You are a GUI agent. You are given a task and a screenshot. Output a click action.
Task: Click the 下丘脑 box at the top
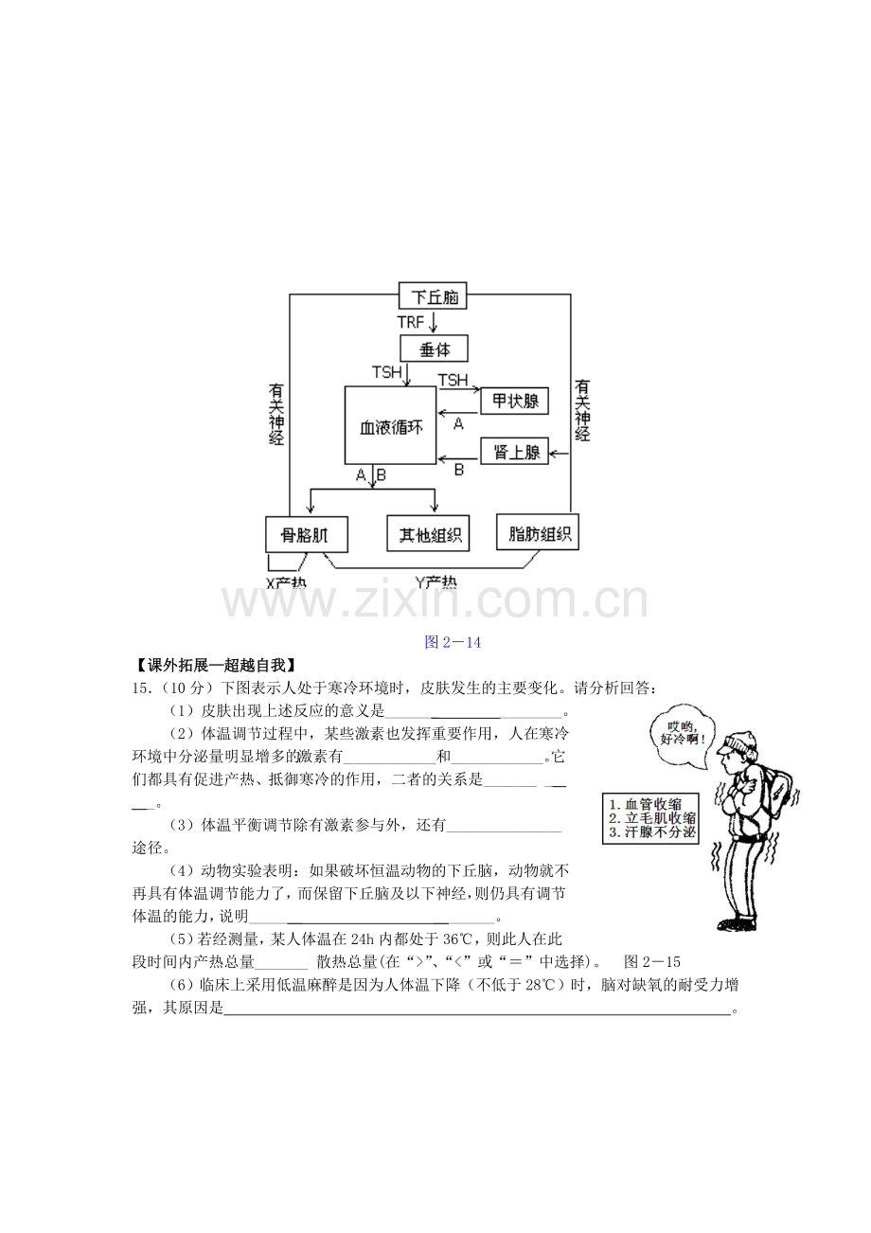tap(432, 296)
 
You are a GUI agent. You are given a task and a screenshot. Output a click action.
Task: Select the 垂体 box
tap(434, 348)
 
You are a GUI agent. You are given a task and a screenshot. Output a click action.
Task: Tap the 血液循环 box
tap(391, 425)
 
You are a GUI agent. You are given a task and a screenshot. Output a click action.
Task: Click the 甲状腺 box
tap(514, 401)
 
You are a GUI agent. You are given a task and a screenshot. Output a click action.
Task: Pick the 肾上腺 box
tap(514, 452)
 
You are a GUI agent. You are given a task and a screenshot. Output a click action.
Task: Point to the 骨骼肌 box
tap(307, 534)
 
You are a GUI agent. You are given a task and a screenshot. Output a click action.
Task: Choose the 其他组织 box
tap(428, 533)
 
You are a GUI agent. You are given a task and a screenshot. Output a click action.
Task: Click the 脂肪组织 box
tap(538, 532)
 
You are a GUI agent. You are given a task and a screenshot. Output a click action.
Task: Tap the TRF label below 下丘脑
tap(411, 322)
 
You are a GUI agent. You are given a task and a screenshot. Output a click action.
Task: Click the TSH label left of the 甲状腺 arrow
tap(453, 380)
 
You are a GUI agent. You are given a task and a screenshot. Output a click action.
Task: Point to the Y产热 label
tap(435, 582)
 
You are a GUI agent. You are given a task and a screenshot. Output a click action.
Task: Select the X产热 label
tap(286, 583)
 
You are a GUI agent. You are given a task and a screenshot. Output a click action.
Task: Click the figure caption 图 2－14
tap(453, 642)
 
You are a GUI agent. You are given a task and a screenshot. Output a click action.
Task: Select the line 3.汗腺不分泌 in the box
tap(652, 831)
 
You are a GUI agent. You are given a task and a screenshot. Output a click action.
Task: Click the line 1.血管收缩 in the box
tap(646, 804)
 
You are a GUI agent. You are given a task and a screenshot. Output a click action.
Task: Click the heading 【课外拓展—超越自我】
tap(215, 666)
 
